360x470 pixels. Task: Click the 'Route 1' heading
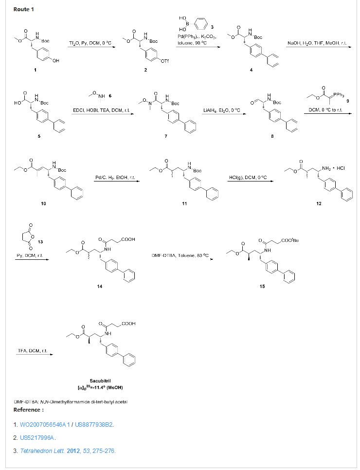(x=24, y=10)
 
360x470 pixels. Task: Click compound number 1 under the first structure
(x=34, y=71)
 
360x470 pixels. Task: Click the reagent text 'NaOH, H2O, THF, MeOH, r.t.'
(x=317, y=43)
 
